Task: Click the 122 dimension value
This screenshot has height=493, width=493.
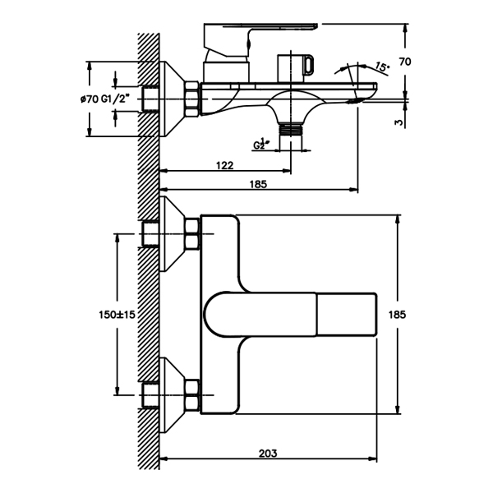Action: (x=224, y=165)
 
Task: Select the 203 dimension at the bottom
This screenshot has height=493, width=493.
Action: (x=268, y=453)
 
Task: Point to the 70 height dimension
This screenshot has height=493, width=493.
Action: (x=427, y=62)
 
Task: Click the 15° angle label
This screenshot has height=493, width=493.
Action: (x=381, y=67)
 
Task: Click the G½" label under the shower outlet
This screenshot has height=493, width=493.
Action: (x=262, y=144)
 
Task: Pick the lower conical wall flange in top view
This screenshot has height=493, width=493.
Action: (x=173, y=395)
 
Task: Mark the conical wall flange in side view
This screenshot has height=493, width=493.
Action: (x=173, y=98)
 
